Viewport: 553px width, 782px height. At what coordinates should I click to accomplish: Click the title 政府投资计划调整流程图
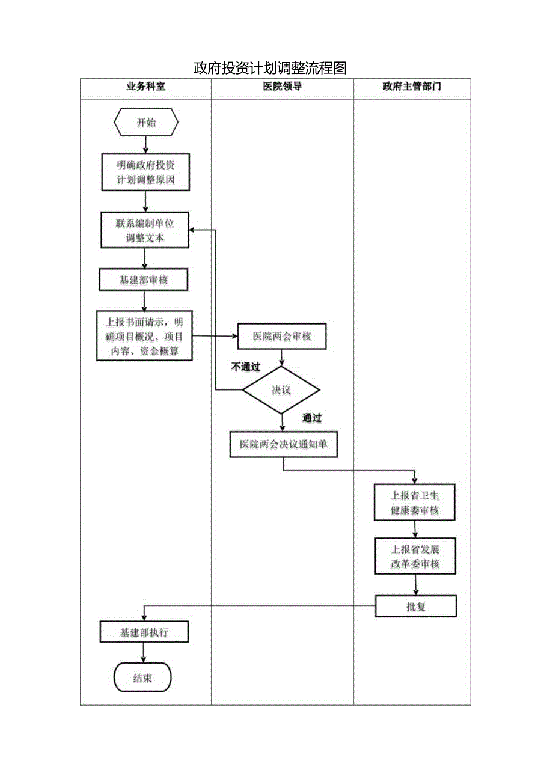(270, 68)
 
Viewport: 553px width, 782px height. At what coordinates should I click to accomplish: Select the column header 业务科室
(145, 87)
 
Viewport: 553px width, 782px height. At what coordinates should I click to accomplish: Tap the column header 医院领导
(282, 87)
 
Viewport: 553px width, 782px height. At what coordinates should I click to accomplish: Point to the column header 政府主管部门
(412, 87)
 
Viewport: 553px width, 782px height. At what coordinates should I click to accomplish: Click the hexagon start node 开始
(146, 122)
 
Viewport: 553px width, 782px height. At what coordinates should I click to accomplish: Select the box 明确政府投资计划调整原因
(145, 173)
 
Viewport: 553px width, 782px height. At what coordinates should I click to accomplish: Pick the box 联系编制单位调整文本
(145, 230)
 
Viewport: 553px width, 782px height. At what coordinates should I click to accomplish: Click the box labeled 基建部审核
(144, 280)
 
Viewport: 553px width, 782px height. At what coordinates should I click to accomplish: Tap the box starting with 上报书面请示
(145, 336)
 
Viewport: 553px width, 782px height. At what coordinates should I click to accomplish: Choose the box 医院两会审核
(282, 337)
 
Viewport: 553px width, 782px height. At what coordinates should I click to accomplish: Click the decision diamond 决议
(281, 390)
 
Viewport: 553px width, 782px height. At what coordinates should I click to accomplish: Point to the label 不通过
(246, 367)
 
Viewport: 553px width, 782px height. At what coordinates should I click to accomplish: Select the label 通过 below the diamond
(312, 418)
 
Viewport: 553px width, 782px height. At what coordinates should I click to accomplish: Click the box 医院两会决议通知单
(283, 445)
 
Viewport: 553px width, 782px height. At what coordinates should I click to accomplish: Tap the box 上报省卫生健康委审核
(415, 502)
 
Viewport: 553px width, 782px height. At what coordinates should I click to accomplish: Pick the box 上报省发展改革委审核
(415, 556)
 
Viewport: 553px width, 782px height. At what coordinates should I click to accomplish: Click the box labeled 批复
(416, 606)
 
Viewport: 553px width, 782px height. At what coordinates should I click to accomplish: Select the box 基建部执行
(144, 632)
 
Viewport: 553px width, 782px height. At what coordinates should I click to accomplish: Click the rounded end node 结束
(143, 678)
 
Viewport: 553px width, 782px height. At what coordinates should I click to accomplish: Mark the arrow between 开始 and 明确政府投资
(146, 144)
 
